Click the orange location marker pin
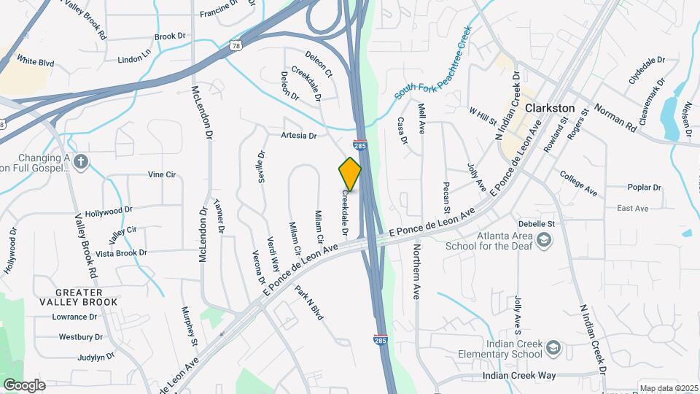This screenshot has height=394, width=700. (x=350, y=174)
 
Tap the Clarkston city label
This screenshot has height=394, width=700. (x=550, y=108)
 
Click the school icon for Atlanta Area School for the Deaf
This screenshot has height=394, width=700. (x=543, y=239)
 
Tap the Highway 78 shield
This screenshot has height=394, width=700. (x=236, y=45)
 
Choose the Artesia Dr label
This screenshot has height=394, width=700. (x=299, y=136)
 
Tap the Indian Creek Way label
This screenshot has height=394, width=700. (x=519, y=375)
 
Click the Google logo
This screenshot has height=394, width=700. (x=23, y=385)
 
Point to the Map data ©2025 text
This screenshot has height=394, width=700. (x=668, y=388)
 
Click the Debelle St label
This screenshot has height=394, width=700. (x=537, y=223)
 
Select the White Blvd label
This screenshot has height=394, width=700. (x=35, y=62)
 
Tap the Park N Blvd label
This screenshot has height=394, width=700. (x=309, y=302)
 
